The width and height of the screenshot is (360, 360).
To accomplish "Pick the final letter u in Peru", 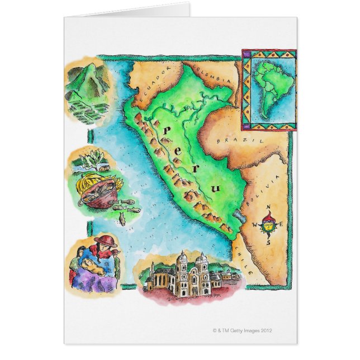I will pos(216,189).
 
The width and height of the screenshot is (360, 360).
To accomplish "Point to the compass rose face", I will pos(268,226).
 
